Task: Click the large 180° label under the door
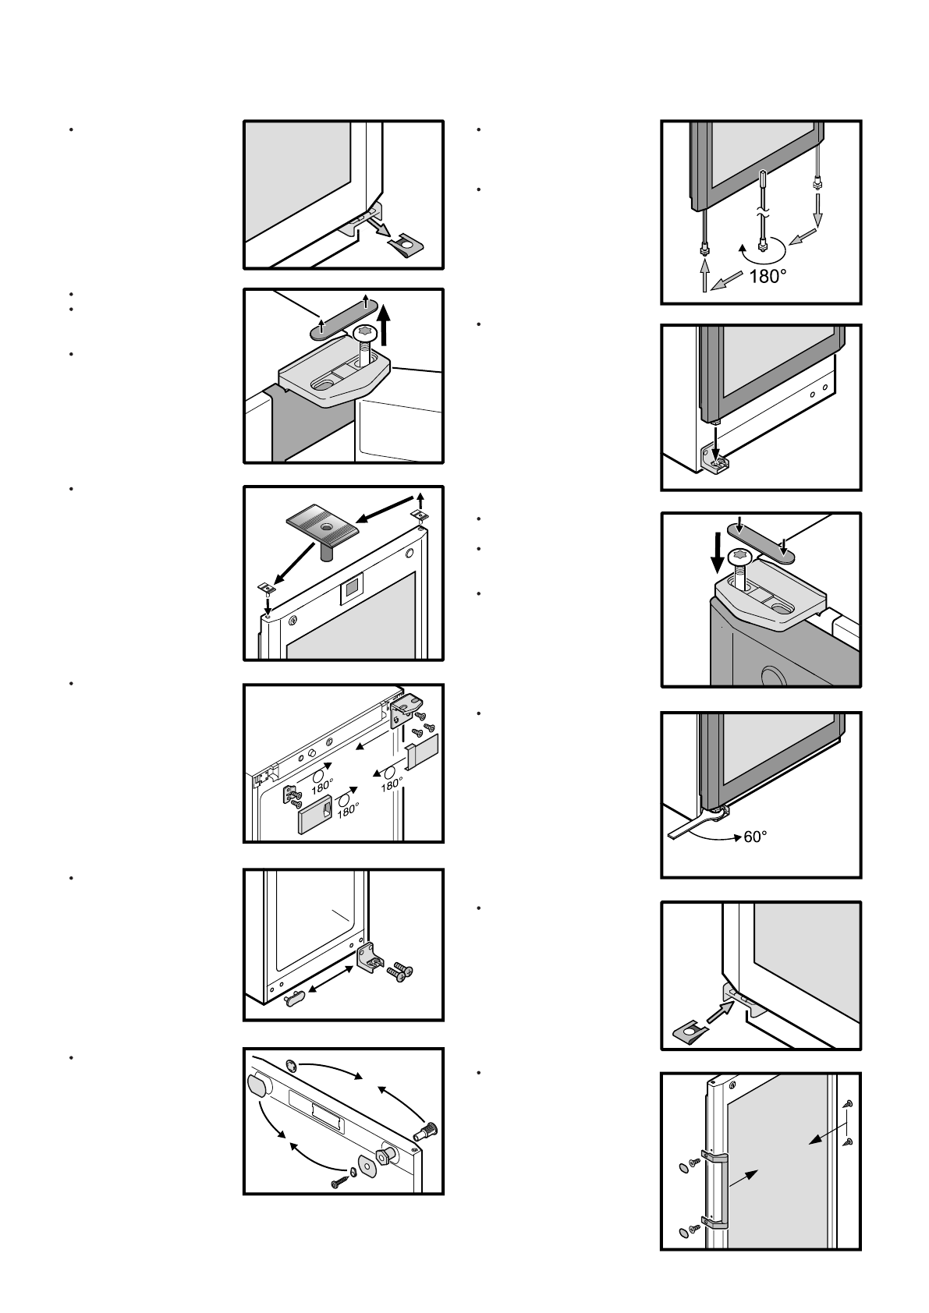pos(768,276)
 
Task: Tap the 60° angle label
pos(755,836)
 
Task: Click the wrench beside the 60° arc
pos(693,823)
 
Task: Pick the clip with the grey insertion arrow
pos(689,1032)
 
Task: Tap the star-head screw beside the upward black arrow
pos(366,335)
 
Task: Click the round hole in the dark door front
pos(771,675)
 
